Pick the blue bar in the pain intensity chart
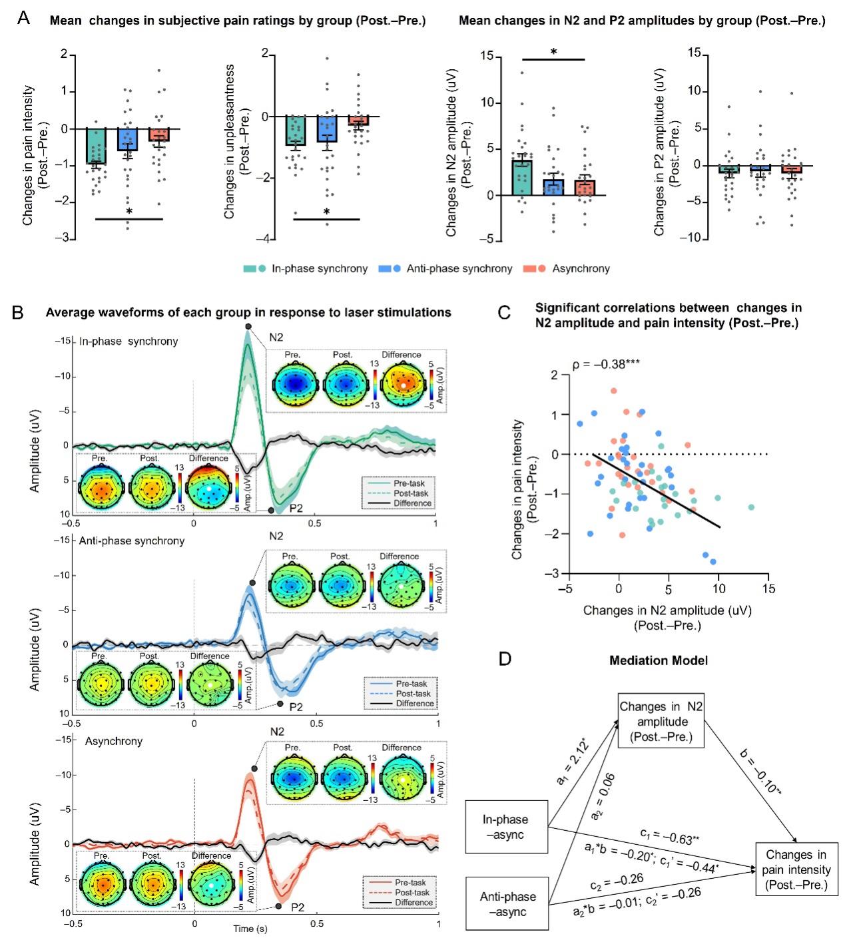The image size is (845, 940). coord(128,139)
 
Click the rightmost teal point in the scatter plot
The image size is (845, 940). coord(751,507)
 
